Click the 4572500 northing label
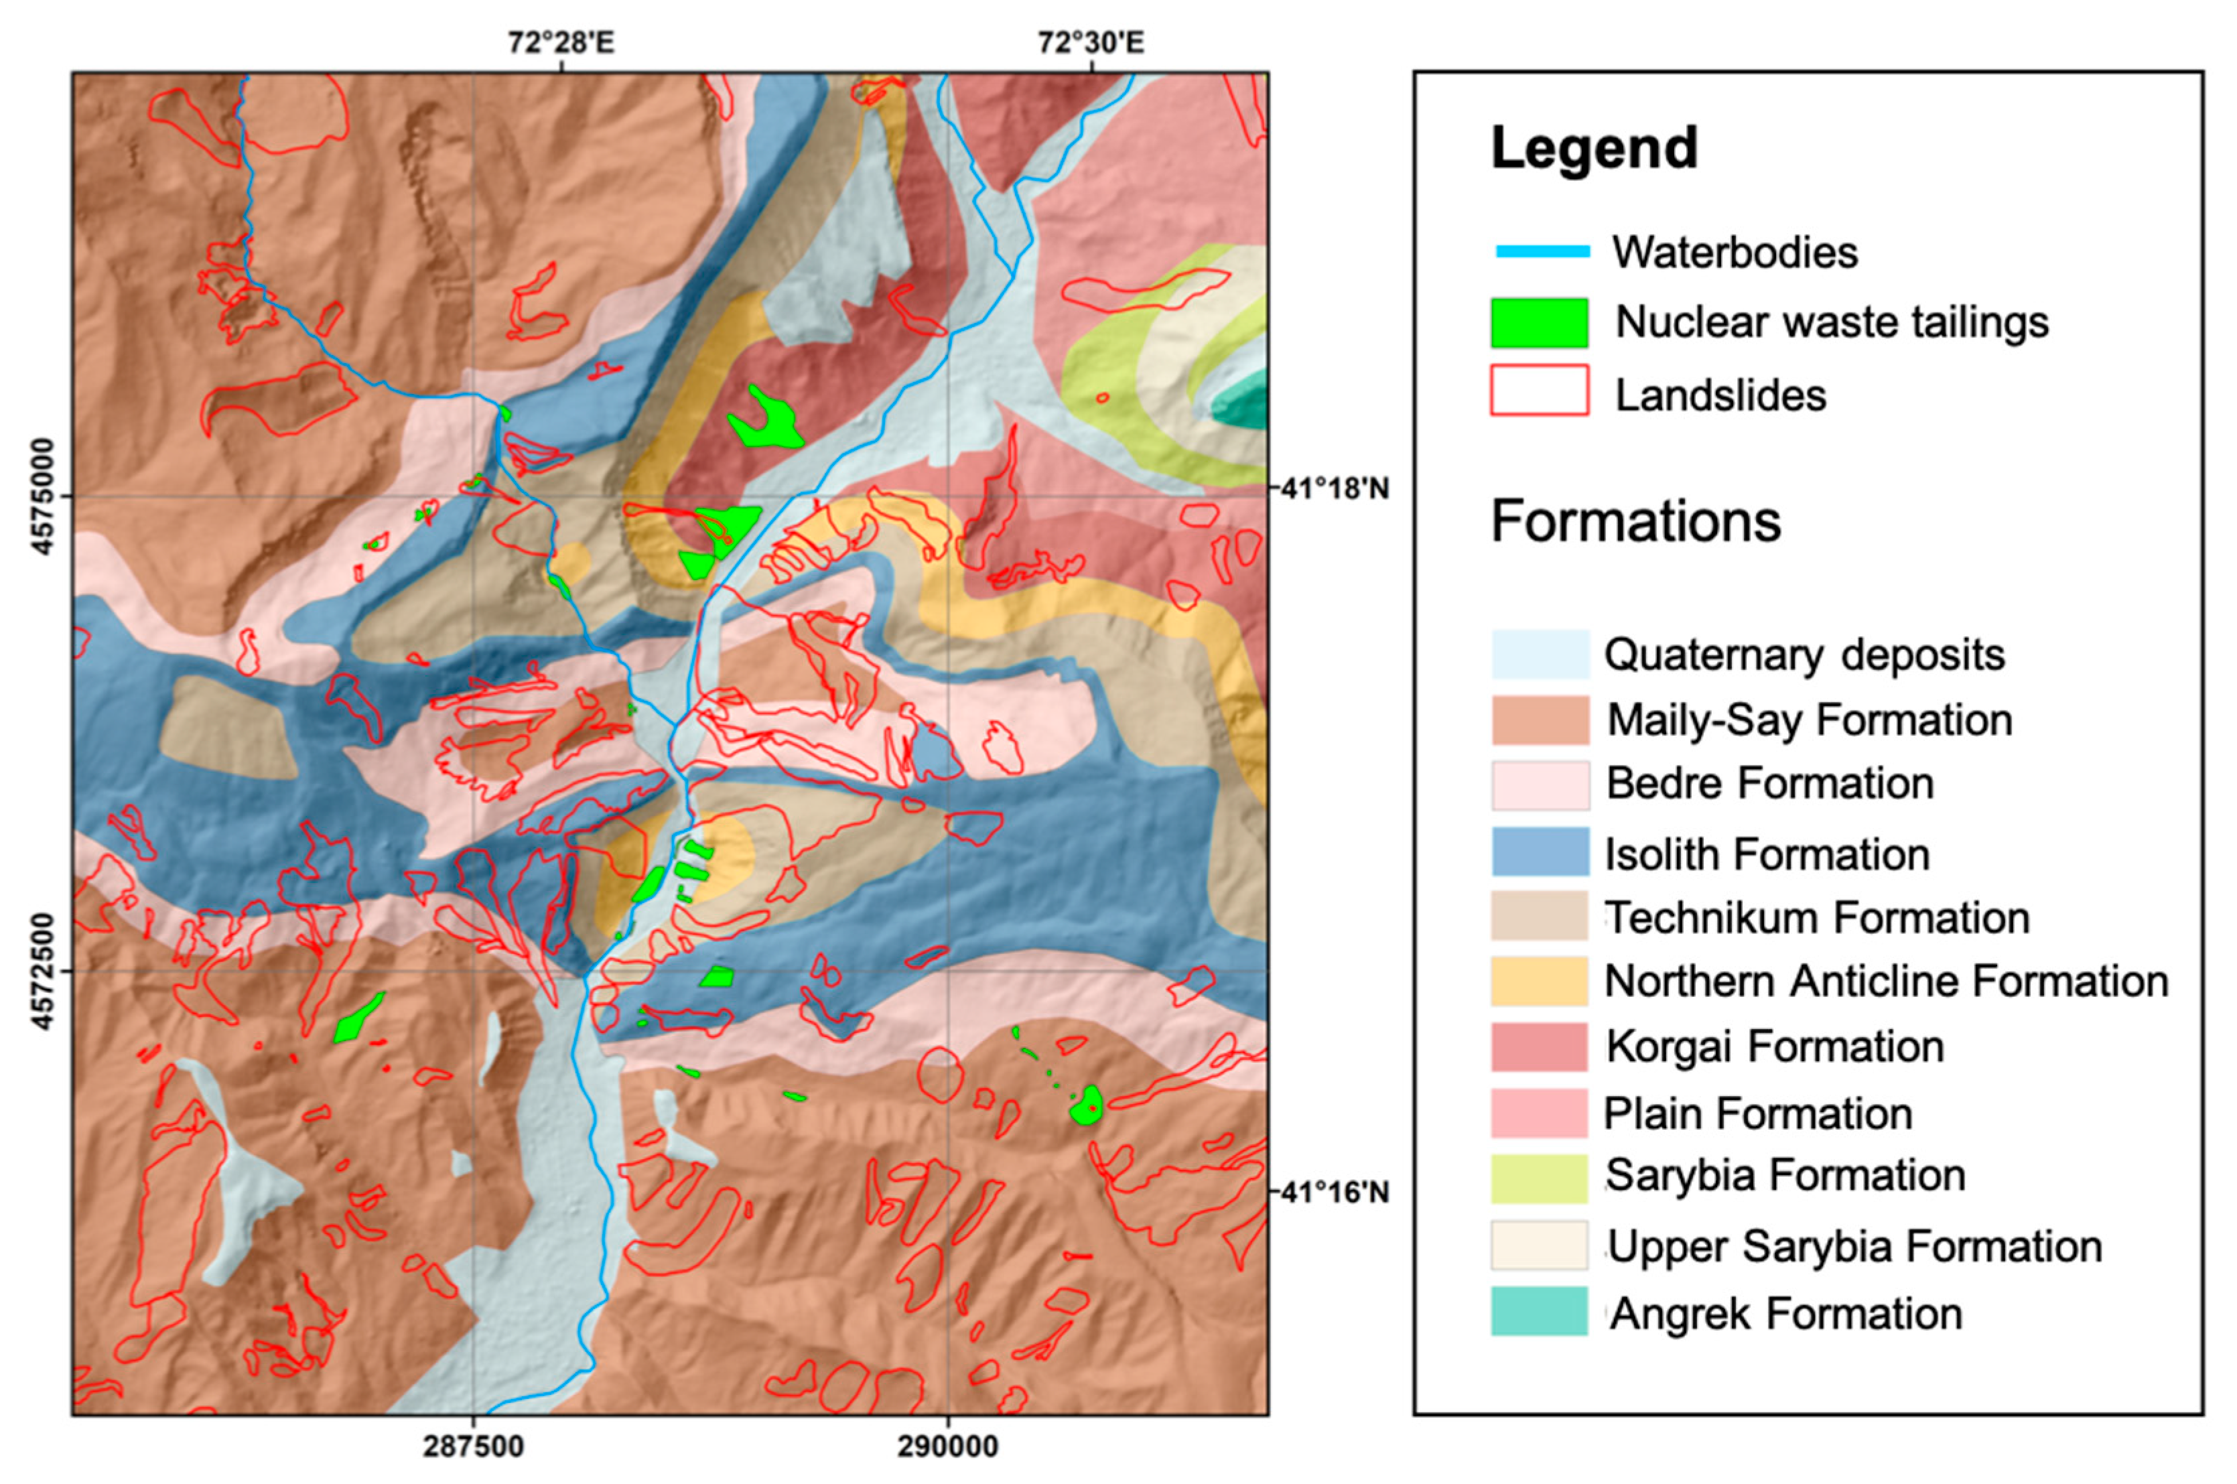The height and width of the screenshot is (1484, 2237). pyautogui.click(x=43, y=970)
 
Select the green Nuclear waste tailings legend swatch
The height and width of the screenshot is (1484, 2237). pyautogui.click(x=1540, y=323)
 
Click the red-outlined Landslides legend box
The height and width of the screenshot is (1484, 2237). pyautogui.click(x=1540, y=391)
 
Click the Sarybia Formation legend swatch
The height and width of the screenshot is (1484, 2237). pyautogui.click(x=1540, y=1178)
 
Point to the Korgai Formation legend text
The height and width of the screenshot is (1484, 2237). pyautogui.click(x=1774, y=1047)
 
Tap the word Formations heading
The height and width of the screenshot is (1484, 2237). pyautogui.click(x=1635, y=521)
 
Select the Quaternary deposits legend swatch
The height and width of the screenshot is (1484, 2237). pyautogui.click(x=1540, y=654)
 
